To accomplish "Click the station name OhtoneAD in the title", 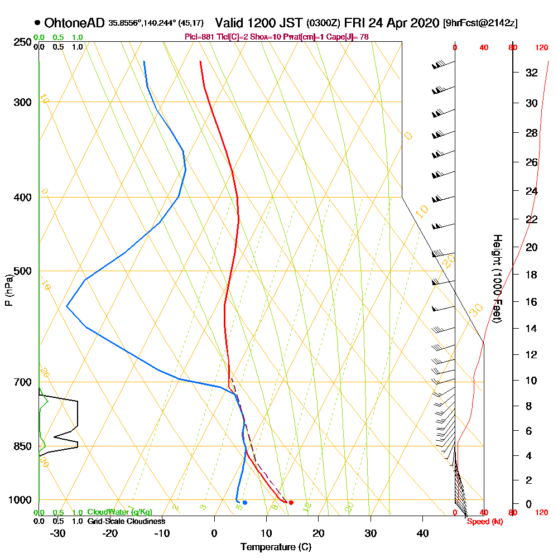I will coord(74,23).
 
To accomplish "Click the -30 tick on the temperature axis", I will coord(58,533).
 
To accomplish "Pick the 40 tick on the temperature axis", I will coord(422,533).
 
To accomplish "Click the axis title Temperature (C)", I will coord(276,547).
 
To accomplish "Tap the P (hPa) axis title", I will coord(8,290).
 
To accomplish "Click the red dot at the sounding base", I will coord(291,503).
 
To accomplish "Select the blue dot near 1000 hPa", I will coord(244,503).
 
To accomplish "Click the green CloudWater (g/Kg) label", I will coord(119,512).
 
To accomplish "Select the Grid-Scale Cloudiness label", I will coord(126,521).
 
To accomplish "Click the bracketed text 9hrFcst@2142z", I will coord(480,23).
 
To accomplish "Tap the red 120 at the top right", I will coord(541,48).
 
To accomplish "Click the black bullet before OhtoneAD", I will coord(37,23).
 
